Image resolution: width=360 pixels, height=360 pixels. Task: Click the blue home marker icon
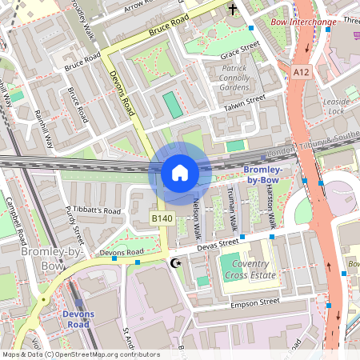click(180, 173)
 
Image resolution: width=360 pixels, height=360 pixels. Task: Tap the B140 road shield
click(162, 217)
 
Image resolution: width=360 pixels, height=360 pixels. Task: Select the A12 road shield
click(301, 72)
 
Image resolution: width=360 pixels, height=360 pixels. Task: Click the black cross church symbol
click(233, 10)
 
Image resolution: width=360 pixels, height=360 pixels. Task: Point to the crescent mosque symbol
click(177, 262)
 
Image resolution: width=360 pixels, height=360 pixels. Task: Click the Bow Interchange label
click(303, 22)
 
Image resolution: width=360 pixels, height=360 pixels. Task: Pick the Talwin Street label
click(244, 103)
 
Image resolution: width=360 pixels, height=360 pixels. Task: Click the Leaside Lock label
click(336, 107)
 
